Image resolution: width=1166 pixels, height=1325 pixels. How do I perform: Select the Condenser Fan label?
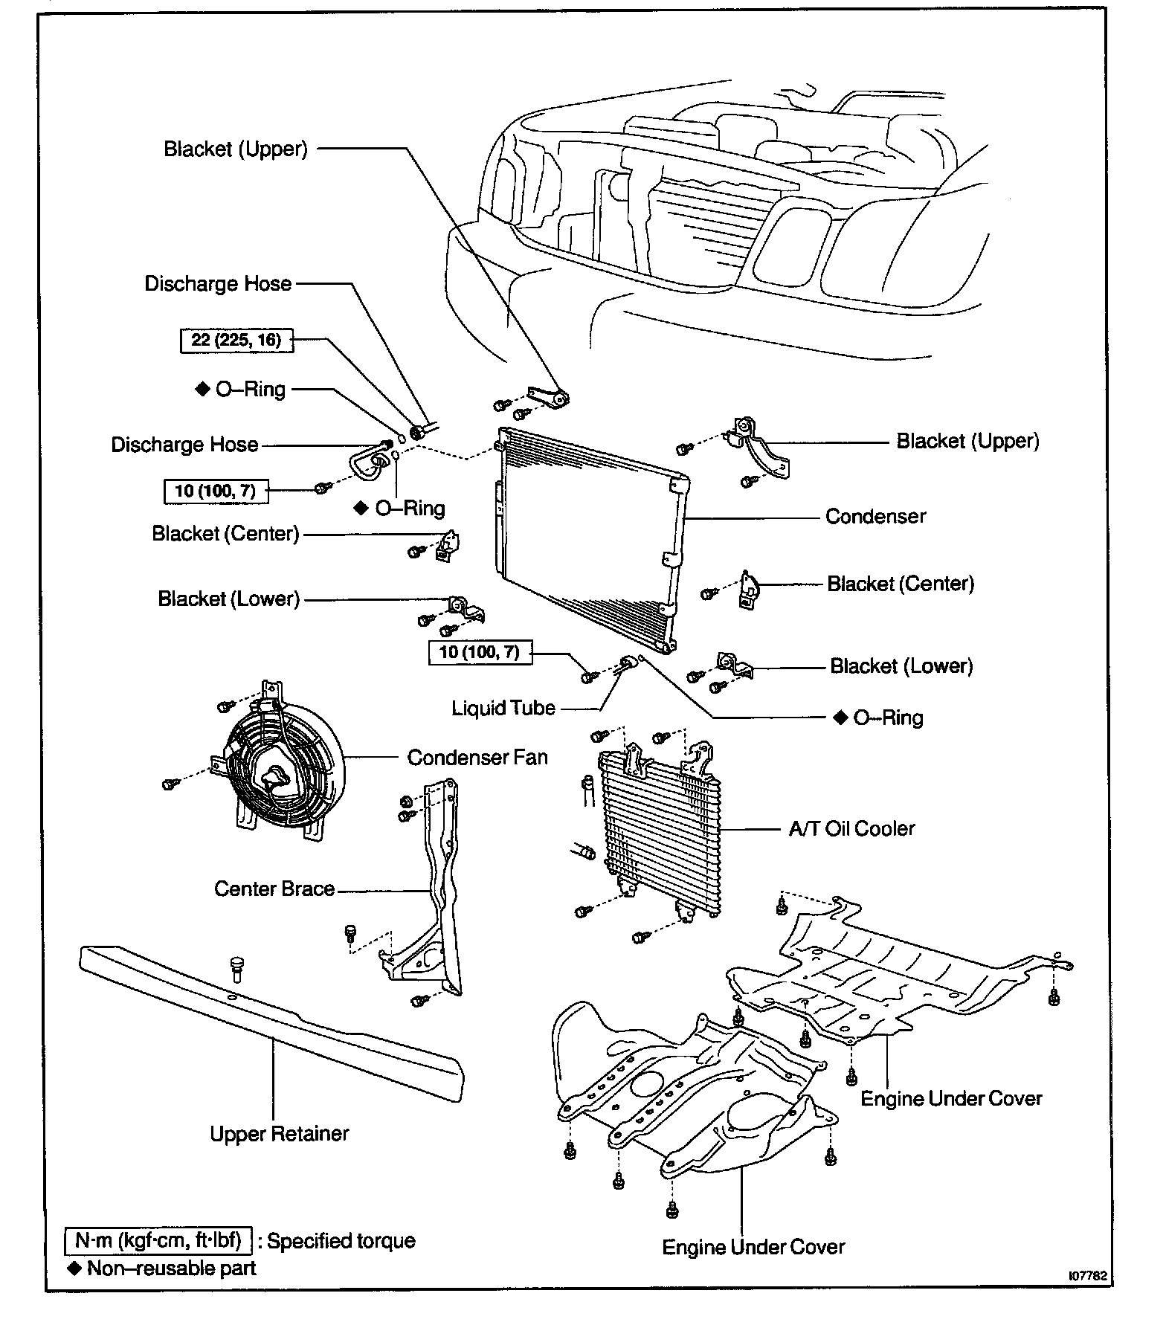point(477,757)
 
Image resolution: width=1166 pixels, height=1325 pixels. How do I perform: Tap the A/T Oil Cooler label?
point(851,828)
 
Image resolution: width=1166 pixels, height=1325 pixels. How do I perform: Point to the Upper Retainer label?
point(279,1133)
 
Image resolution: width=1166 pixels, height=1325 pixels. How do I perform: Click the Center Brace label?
point(274,889)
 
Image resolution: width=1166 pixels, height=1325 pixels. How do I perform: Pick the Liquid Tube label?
point(503,707)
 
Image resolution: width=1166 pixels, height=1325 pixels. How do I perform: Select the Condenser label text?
point(875,516)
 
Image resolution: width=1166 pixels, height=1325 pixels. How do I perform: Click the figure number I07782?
point(1088,1275)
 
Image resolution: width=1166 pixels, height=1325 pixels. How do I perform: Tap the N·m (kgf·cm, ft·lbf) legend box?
point(159,1240)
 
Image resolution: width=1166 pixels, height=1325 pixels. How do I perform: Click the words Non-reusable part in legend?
point(171,1268)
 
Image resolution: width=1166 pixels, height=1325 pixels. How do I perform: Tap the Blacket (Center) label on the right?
point(900,584)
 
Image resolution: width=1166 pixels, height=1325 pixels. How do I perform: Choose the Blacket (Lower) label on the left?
point(228,599)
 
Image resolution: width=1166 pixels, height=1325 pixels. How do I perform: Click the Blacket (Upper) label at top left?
point(235,149)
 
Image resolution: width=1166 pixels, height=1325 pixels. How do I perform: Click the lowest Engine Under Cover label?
point(753,1246)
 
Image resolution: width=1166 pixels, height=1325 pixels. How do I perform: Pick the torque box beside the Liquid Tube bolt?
point(479,652)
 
